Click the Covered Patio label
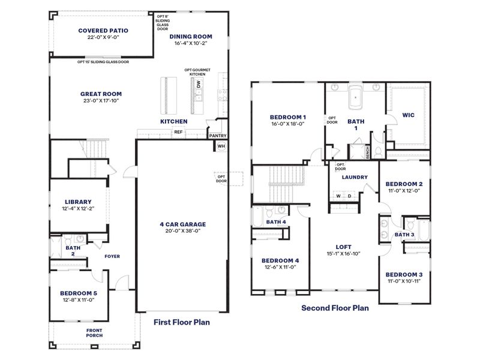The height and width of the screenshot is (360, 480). tap(104, 30)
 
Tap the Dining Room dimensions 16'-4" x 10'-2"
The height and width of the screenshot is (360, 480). tap(197, 44)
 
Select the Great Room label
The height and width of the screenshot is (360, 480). tap(101, 94)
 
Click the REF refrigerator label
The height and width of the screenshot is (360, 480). tap(178, 132)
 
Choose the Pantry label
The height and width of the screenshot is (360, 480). tap(217, 136)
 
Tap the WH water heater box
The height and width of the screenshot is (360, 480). tap(221, 146)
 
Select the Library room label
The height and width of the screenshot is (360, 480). tap(78, 202)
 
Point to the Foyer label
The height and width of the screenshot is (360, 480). tap(112, 256)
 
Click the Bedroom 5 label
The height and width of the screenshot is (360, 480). tap(78, 293)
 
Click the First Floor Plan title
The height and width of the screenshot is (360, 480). tap(181, 322)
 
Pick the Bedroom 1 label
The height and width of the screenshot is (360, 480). tap(288, 117)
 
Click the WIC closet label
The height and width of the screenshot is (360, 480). tap(408, 114)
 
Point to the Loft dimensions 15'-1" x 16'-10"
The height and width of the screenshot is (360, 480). tap(344, 253)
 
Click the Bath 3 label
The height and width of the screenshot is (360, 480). tap(404, 235)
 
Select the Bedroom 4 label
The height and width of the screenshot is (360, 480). tap(280, 260)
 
